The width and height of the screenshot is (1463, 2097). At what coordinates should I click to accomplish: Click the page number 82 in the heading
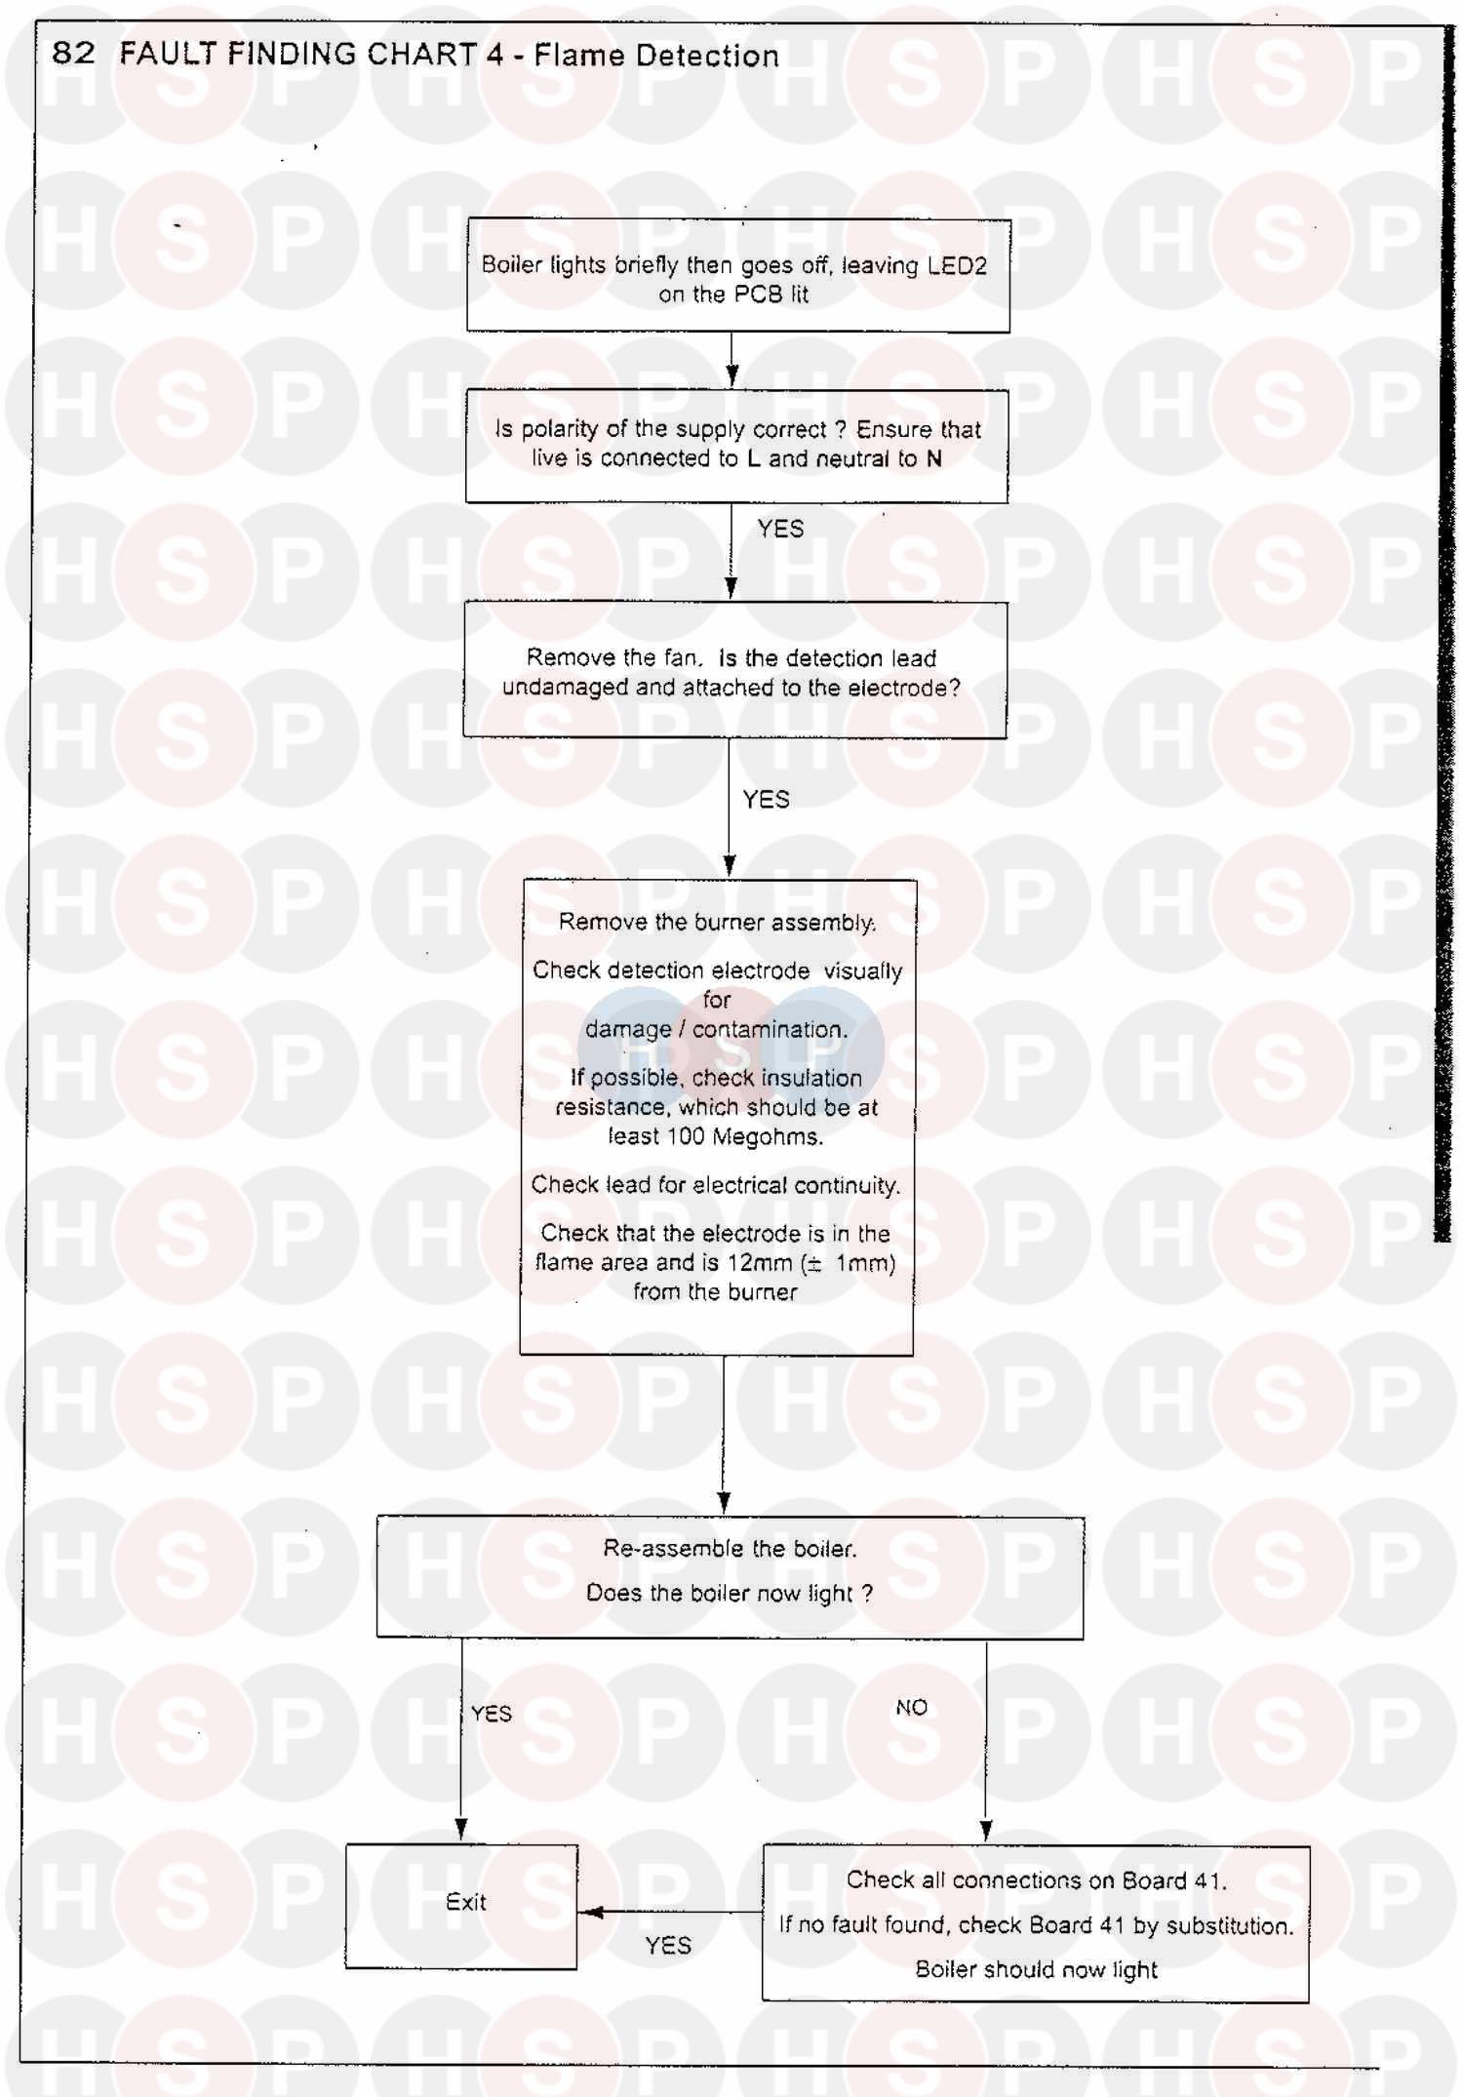(x=73, y=53)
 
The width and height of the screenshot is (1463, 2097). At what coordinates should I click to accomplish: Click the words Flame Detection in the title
(x=656, y=56)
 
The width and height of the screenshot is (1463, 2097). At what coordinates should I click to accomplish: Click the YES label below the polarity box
(x=780, y=529)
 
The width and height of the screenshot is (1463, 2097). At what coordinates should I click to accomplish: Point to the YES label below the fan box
(x=766, y=800)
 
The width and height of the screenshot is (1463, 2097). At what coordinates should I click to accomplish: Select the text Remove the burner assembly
(x=717, y=922)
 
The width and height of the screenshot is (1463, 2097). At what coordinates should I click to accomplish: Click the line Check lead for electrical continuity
(x=716, y=1185)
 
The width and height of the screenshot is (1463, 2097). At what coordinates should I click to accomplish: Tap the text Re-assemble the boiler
(x=730, y=1548)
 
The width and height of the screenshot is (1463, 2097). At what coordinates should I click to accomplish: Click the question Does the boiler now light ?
(x=729, y=1593)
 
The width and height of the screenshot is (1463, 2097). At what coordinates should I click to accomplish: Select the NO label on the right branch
(x=911, y=1707)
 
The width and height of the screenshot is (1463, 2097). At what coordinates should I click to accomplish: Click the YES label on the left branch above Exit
(x=491, y=1714)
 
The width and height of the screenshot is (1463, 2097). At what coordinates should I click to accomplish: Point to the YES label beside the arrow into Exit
(x=668, y=1946)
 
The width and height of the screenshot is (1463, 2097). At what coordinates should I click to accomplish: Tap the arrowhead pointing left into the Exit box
(x=592, y=1912)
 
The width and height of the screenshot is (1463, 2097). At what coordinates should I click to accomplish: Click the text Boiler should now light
(x=1036, y=1969)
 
